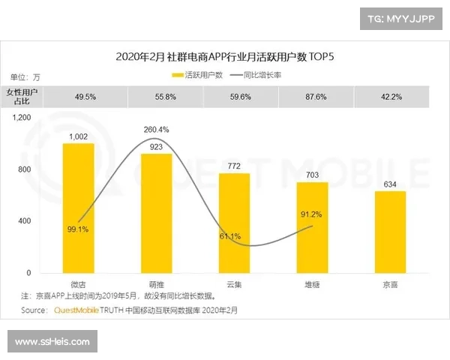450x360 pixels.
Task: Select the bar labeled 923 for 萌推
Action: pos(156,213)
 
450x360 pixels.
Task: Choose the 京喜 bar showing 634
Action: pos(390,232)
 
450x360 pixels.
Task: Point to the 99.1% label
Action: pos(78,229)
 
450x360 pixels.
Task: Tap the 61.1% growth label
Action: pos(229,236)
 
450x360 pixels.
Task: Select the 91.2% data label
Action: pos(310,214)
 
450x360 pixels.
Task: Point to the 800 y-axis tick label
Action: pos(24,169)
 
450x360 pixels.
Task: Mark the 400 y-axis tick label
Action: pos(24,221)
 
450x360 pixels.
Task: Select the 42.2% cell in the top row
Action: pos(390,96)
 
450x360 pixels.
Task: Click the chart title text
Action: pos(225,56)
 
